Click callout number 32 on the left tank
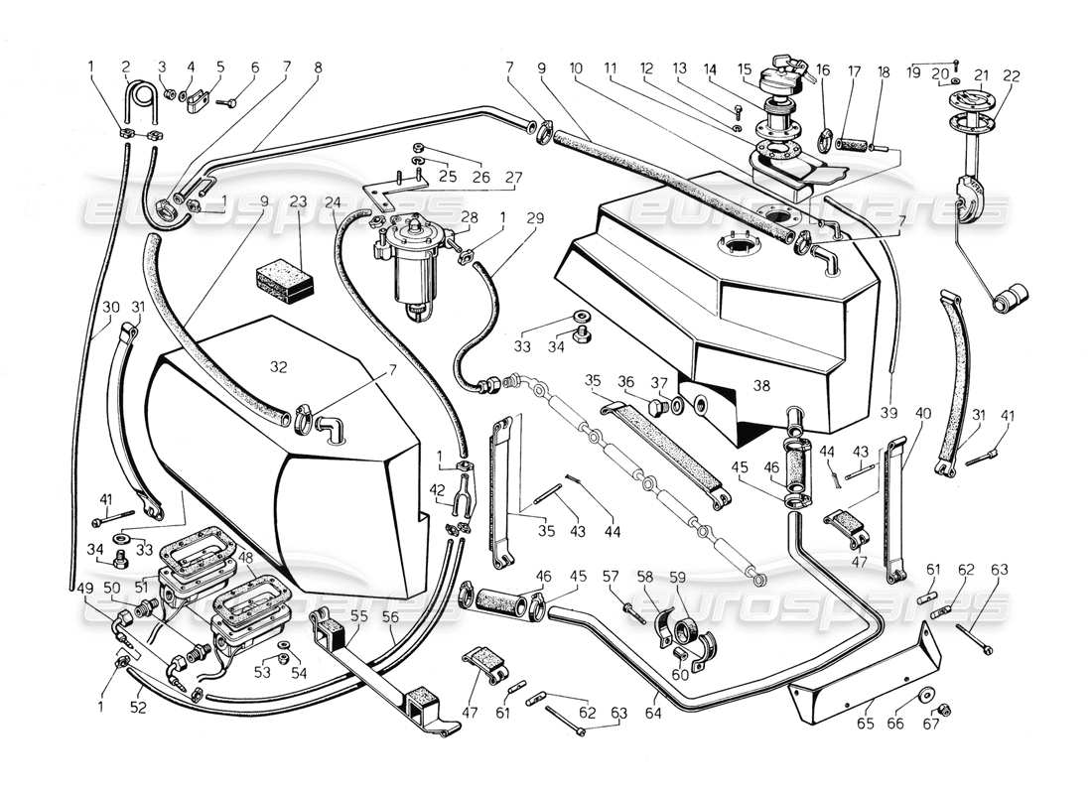(x=279, y=366)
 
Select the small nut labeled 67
(x=944, y=709)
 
